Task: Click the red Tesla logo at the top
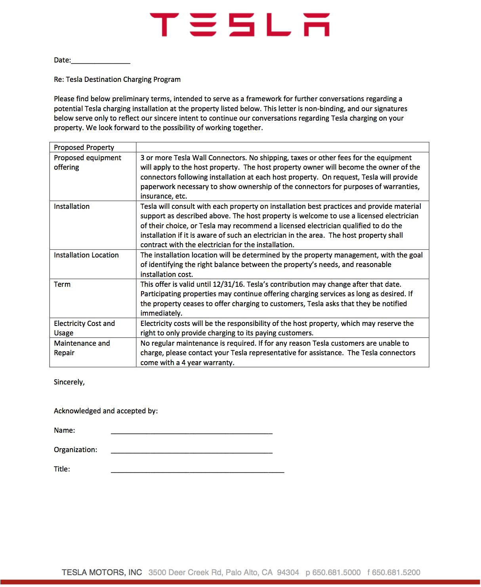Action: coord(240,25)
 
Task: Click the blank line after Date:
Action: coord(101,61)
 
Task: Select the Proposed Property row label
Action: coord(84,148)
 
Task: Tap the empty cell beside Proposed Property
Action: coord(282,148)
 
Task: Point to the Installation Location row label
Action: coord(86,255)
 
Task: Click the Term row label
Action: coord(62,284)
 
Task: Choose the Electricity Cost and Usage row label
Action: coord(84,328)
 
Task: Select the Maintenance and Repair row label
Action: coord(82,348)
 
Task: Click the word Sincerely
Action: coord(69,382)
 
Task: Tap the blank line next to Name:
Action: coord(191,431)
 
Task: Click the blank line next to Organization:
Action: coord(191,451)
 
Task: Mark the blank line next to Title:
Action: coord(197,470)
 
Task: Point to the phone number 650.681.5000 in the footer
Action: coord(336,572)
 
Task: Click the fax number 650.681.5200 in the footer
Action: coord(396,572)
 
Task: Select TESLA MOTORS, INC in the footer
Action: coord(102,572)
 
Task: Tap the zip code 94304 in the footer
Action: coord(288,572)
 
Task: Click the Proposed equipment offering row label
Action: coord(88,162)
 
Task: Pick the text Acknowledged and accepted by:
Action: coord(106,411)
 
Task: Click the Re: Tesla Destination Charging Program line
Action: coord(117,80)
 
